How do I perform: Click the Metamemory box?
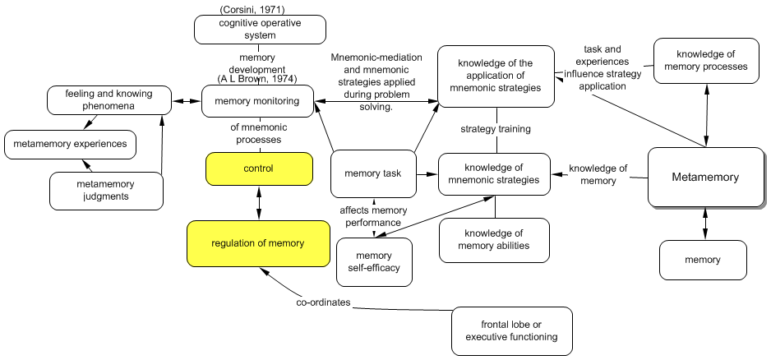coord(704,177)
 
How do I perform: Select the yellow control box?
coord(259,168)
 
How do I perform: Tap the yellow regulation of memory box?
coord(257,243)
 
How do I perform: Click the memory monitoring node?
coord(257,102)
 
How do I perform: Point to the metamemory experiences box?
coord(69,144)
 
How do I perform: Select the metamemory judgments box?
coord(105,190)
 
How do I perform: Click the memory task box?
coord(372,174)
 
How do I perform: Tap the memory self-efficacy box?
coord(374,261)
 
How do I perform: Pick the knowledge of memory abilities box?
coord(493,239)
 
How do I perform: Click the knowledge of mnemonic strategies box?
coord(493,173)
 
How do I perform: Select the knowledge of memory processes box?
coord(706,61)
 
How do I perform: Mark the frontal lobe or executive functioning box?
coord(511,330)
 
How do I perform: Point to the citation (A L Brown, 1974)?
coord(256,79)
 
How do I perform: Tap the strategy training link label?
coord(495,129)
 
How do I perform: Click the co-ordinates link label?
coord(323,303)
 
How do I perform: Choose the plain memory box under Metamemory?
coord(703,260)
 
